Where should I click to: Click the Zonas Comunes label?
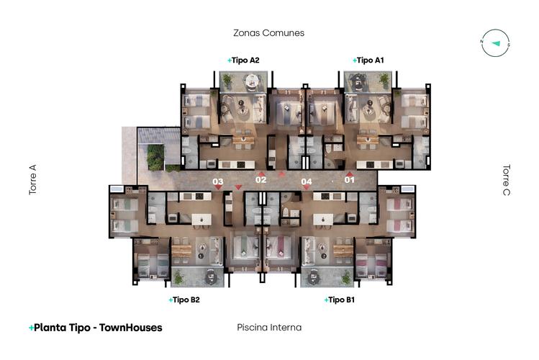click(x=269, y=33)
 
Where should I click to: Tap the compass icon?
click(x=495, y=43)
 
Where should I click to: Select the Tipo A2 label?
click(x=243, y=60)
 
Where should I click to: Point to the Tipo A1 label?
click(x=368, y=60)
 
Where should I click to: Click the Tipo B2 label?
click(x=184, y=300)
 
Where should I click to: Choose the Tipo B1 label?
click(x=339, y=300)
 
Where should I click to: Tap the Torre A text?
click(x=32, y=180)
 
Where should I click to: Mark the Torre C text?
click(x=507, y=180)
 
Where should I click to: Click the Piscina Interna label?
click(x=269, y=328)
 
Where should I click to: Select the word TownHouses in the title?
click(x=131, y=328)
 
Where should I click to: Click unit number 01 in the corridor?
click(x=349, y=179)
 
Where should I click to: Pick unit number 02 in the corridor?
click(x=261, y=180)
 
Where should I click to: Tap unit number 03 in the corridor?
click(x=217, y=181)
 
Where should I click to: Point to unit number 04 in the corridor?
click(x=307, y=181)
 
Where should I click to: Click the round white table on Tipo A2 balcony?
click(x=252, y=81)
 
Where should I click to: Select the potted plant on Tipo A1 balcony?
click(x=384, y=80)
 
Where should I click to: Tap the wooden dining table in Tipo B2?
click(x=181, y=251)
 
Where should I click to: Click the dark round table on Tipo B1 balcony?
click(x=314, y=276)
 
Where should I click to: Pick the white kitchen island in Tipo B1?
click(x=323, y=220)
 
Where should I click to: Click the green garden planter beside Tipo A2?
click(x=155, y=158)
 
